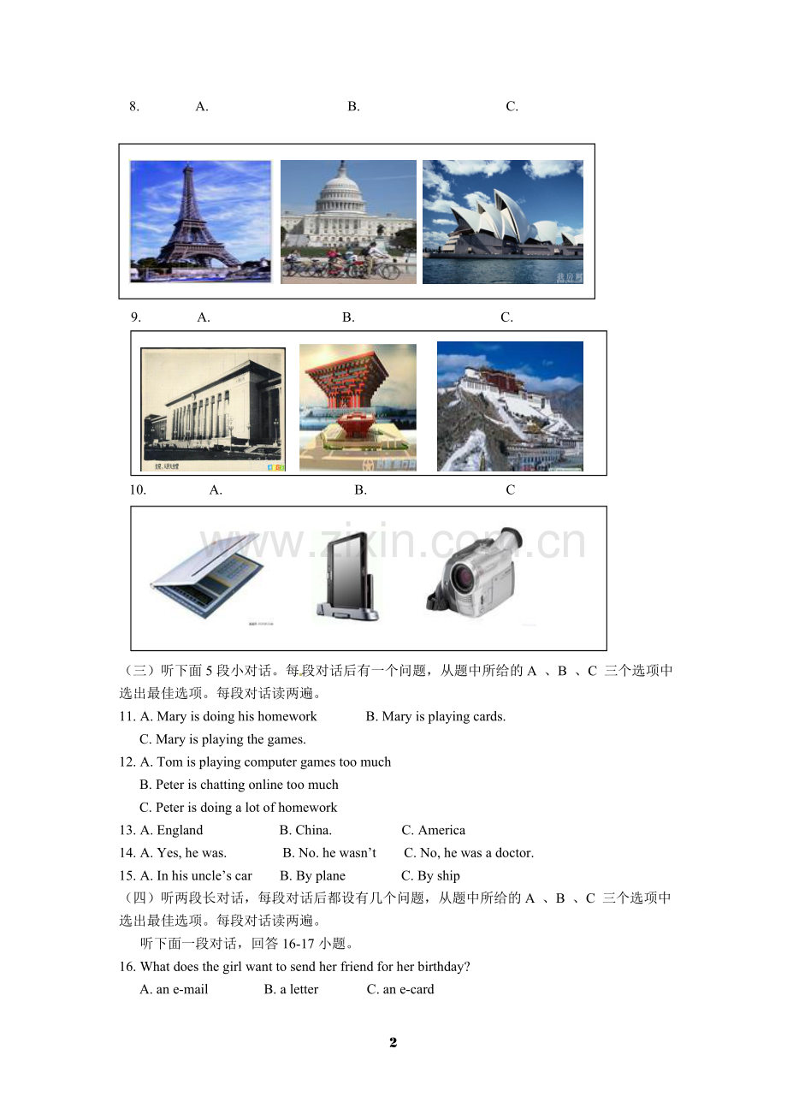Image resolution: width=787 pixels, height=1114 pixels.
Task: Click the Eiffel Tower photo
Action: tap(200, 222)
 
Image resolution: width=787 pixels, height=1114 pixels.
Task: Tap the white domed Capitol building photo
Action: tap(348, 222)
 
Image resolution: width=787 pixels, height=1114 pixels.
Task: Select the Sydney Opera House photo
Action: tap(503, 222)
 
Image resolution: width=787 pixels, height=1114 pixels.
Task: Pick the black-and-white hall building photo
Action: tap(213, 409)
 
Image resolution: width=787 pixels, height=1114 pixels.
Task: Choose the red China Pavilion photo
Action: tap(358, 407)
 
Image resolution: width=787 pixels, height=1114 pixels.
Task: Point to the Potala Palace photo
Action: tap(510, 406)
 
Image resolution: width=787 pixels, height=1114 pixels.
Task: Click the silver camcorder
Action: tap(475, 572)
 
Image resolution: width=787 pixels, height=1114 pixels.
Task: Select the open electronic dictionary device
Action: tap(207, 576)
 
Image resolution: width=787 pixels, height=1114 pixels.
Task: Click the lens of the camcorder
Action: tap(460, 578)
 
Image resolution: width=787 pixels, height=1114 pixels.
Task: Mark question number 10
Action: tap(138, 490)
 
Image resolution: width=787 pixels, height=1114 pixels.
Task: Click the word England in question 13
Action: tap(180, 830)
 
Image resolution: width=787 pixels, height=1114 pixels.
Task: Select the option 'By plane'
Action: tap(313, 876)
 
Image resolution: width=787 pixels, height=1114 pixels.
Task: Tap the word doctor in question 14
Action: tap(515, 853)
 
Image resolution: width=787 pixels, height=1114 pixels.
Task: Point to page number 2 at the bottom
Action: tap(393, 1042)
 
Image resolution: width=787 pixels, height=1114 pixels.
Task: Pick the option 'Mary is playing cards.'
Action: tap(435, 717)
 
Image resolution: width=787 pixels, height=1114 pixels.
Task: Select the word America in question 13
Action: tap(441, 830)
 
